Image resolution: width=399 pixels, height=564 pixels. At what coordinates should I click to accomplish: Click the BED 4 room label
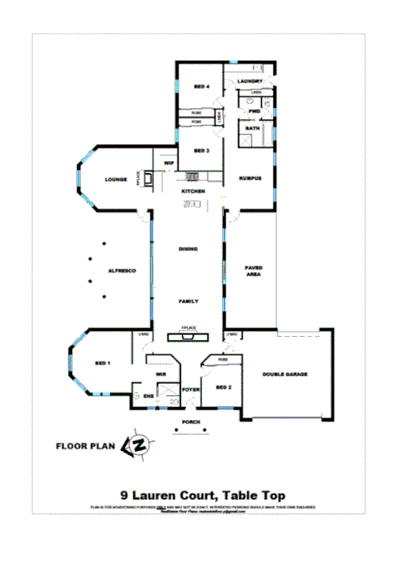click(202, 87)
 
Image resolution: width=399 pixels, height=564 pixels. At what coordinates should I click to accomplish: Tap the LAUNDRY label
click(250, 81)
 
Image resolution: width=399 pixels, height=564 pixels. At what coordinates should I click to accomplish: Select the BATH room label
click(252, 128)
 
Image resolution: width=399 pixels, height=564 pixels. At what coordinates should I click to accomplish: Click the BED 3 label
click(202, 151)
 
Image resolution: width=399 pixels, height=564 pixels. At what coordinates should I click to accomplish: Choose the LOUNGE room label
click(116, 179)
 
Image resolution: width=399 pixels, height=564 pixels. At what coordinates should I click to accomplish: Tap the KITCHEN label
click(192, 191)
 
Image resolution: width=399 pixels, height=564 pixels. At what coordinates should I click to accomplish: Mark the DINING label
click(189, 249)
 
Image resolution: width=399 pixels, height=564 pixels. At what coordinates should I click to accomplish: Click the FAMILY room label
click(189, 302)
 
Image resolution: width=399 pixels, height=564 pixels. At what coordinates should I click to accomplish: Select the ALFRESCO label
click(122, 271)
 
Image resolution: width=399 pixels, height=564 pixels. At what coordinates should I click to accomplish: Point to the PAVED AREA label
click(253, 271)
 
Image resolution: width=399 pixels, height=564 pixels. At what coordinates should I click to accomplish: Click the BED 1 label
click(103, 364)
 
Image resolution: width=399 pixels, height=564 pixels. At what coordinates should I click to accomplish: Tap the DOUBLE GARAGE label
click(285, 375)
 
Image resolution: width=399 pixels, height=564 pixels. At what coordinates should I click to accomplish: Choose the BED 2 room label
click(224, 387)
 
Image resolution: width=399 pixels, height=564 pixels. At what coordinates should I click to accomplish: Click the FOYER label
click(190, 389)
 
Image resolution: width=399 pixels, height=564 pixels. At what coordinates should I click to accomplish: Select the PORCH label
click(190, 423)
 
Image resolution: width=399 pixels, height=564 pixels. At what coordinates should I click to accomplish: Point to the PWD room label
click(254, 111)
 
